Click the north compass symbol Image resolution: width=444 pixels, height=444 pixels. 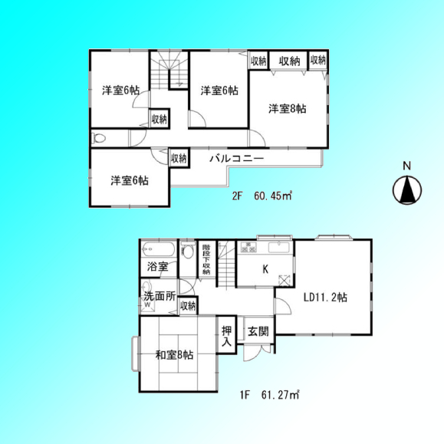[407, 190]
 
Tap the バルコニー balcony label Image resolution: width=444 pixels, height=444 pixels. [236, 159]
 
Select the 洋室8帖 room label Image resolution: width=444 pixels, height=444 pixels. [287, 109]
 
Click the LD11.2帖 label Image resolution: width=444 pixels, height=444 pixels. [325, 298]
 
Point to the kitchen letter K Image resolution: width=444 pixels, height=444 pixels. [265, 269]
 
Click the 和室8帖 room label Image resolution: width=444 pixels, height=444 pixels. [174, 354]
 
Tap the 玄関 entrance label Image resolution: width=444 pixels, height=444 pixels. [258, 331]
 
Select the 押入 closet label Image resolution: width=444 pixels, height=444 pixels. [226, 336]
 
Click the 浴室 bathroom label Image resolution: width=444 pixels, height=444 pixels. [158, 266]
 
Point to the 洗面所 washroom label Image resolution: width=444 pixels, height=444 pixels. [160, 296]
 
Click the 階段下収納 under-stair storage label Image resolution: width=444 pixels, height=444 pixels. [206, 259]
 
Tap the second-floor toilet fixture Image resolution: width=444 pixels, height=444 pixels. [98, 138]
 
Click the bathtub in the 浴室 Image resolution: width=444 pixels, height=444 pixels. [159, 249]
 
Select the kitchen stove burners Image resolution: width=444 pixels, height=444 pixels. [248, 247]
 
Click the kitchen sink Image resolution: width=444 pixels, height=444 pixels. [279, 248]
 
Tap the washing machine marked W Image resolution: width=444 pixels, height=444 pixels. [148, 304]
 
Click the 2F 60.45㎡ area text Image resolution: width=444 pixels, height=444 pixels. [262, 196]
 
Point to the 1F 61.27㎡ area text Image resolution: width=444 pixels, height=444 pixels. [270, 395]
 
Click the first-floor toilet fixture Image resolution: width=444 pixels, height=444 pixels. [187, 250]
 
